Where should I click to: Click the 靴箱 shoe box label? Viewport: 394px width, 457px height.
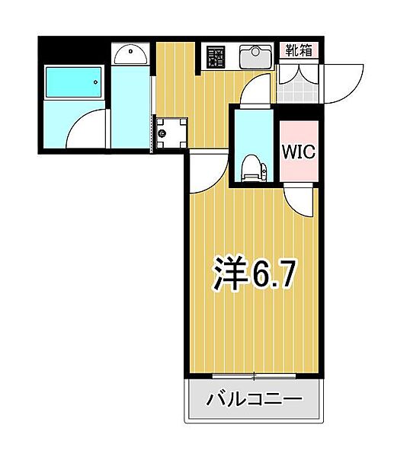click(298, 50)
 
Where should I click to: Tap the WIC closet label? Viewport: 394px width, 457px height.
click(299, 152)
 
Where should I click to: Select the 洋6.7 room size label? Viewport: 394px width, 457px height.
click(254, 274)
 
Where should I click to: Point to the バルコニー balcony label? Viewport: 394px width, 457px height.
click(254, 398)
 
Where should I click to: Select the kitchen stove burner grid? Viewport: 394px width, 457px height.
click(216, 57)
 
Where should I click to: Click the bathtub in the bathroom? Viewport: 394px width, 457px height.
click(73, 82)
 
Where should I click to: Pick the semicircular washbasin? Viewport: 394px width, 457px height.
click(130, 55)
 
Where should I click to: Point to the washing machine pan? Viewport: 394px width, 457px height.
click(171, 133)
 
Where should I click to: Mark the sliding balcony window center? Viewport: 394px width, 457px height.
click(254, 376)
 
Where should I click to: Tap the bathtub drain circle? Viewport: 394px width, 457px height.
click(96, 82)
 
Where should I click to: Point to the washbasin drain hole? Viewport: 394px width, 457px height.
click(130, 51)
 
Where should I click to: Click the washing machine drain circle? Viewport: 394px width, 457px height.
click(162, 133)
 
